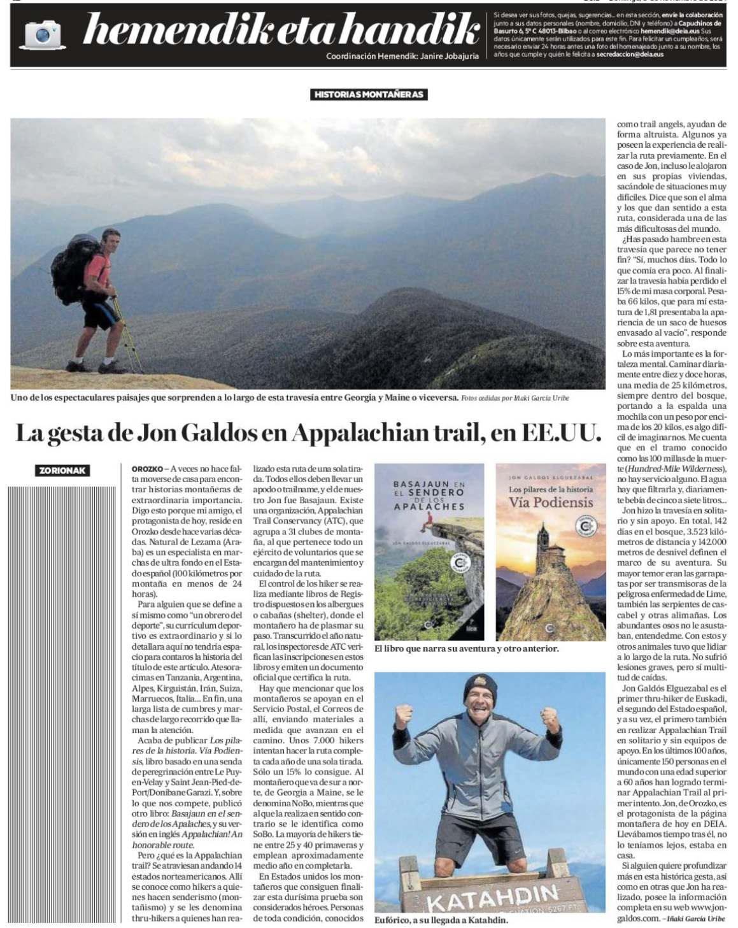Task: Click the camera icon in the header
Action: tap(43, 34)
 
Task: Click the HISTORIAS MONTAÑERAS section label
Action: tap(369, 94)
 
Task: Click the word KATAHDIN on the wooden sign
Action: tap(492, 897)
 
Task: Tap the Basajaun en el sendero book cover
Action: tap(430, 552)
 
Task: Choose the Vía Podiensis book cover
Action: tap(551, 552)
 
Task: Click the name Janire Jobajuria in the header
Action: tap(444, 56)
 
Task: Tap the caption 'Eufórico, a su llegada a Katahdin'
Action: tap(441, 920)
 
